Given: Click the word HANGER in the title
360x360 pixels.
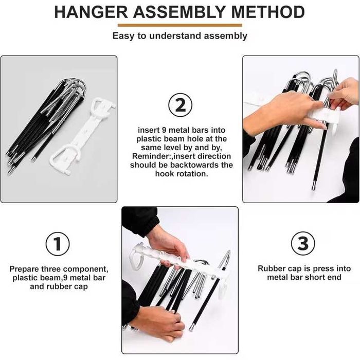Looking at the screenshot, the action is click(x=91, y=12).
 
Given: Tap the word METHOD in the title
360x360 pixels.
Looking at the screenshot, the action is click(x=268, y=12).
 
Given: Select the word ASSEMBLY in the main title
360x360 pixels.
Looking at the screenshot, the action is click(x=179, y=12).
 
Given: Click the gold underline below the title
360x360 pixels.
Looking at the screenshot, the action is click(x=180, y=25).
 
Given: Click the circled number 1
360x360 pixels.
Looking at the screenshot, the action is click(x=58, y=244).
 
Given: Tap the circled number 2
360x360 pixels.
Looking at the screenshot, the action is click(x=180, y=105).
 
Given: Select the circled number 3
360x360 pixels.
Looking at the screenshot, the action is click(x=303, y=243).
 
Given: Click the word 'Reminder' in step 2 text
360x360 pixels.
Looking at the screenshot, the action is click(x=152, y=156).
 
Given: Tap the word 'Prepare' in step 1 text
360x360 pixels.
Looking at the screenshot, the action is click(x=24, y=269).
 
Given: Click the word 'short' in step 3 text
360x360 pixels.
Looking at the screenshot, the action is click(x=315, y=277).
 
